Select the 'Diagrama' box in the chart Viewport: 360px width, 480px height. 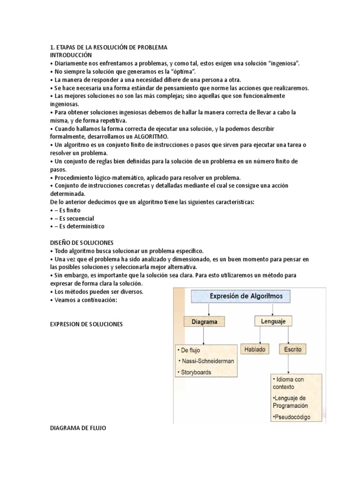tap(204, 322)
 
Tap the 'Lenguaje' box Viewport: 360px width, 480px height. tap(273, 321)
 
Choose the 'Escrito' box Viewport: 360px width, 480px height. tap(292, 349)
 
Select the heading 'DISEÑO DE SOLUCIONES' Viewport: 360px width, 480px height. tap(82, 242)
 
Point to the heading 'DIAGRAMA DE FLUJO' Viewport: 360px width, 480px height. tap(78, 427)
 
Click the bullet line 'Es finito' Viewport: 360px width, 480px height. tap(68, 210)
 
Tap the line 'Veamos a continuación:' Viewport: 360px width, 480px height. tap(82, 300)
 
